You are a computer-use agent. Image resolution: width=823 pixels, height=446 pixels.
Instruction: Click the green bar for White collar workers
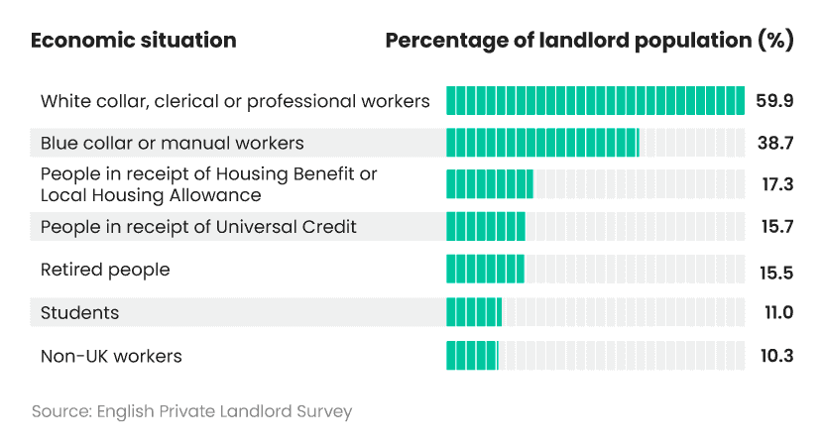(595, 101)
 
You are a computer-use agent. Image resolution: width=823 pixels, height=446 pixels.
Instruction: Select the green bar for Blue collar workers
(542, 143)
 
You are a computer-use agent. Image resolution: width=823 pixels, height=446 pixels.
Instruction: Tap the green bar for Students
(474, 312)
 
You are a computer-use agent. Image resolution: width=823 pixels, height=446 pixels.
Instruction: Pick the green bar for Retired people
(485, 270)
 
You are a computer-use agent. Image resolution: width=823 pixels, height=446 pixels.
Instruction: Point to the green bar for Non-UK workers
(472, 355)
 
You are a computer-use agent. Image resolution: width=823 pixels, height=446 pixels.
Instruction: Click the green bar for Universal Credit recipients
(485, 227)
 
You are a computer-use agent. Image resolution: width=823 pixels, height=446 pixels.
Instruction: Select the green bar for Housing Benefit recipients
(489, 184)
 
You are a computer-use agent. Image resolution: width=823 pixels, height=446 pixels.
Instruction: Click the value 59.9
(774, 101)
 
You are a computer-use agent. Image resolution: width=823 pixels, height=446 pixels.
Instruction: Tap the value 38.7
(774, 143)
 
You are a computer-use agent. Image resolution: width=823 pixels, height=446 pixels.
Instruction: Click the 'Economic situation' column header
(134, 41)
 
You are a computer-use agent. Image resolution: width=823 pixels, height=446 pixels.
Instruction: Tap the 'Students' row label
(79, 312)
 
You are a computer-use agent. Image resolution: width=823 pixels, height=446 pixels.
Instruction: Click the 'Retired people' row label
(105, 270)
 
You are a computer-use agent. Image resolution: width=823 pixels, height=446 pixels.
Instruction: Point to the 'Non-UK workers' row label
(111, 355)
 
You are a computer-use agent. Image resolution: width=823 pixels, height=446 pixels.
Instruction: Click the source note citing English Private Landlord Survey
(191, 410)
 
